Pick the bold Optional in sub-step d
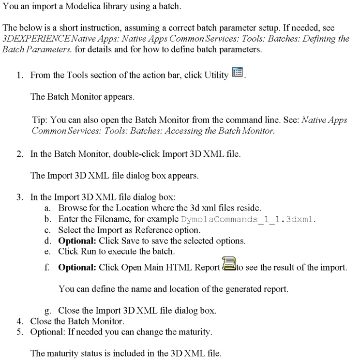tap(77, 241)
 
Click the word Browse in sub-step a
tap(71, 208)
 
